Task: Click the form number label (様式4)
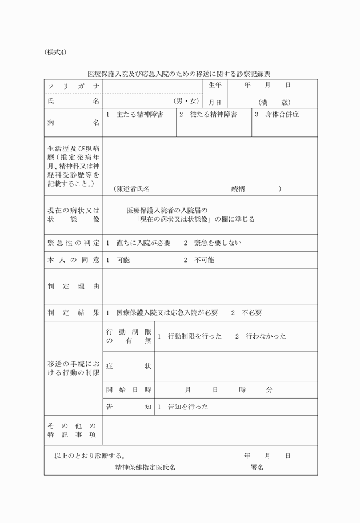tap(55, 53)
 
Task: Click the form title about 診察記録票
tap(179, 74)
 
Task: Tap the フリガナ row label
tap(74, 86)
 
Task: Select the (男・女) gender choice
tap(187, 102)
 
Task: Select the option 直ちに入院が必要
tap(143, 243)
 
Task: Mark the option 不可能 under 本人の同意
tap(204, 260)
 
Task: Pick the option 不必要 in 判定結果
tap(252, 312)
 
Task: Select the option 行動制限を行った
tap(194, 336)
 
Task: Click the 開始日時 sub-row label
tap(129, 389)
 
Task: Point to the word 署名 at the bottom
tap(257, 467)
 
